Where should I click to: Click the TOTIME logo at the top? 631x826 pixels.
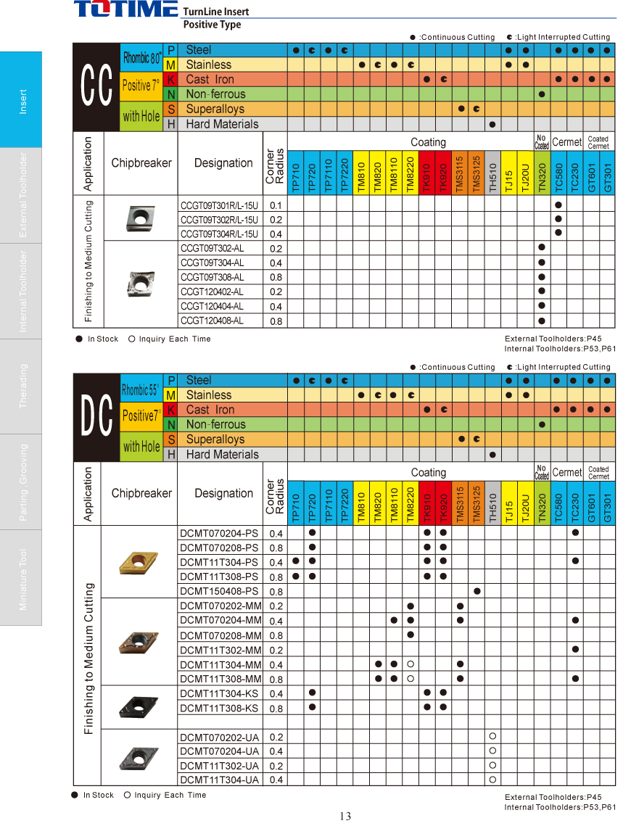(x=125, y=9)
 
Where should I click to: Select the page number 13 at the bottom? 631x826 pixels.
(x=345, y=817)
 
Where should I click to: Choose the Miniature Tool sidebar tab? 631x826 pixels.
(x=22, y=578)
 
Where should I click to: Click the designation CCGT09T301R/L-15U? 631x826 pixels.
(x=219, y=205)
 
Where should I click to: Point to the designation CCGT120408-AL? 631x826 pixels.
(x=212, y=321)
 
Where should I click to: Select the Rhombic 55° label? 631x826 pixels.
(x=141, y=389)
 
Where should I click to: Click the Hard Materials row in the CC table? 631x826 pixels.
(x=222, y=124)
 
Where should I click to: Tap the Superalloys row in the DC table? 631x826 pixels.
(x=215, y=439)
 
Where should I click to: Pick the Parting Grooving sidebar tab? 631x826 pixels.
(x=22, y=482)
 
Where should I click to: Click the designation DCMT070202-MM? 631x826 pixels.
(x=220, y=606)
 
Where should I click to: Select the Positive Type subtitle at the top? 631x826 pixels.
(x=212, y=25)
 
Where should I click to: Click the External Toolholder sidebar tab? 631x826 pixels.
(x=22, y=195)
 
